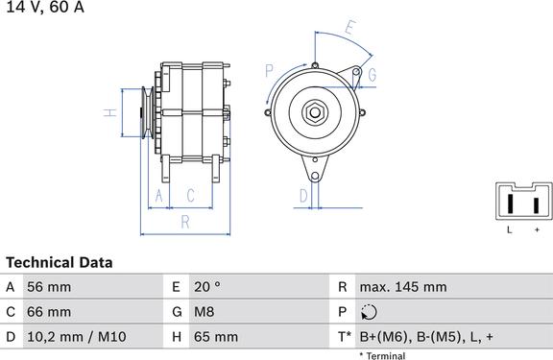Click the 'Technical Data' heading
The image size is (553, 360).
point(60,262)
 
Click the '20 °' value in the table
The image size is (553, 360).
point(206,287)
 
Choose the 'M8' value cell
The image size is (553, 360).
point(203,312)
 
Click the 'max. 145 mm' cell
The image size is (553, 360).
point(402,287)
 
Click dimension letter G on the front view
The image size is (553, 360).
point(372,75)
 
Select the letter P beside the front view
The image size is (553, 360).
point(270,70)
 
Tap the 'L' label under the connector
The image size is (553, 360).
point(510,230)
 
